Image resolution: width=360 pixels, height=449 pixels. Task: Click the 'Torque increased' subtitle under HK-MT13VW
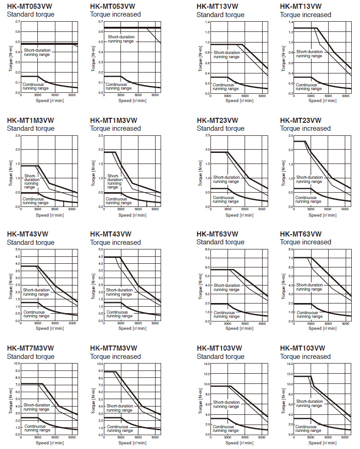(305, 15)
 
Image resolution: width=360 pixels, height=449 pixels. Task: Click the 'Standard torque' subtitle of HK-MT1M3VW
(30, 128)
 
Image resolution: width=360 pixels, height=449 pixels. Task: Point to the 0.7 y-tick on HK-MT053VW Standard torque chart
(18, 22)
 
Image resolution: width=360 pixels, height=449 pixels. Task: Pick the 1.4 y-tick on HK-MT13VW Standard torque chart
(207, 22)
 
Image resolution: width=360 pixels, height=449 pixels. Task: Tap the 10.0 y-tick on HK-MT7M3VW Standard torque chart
(17, 364)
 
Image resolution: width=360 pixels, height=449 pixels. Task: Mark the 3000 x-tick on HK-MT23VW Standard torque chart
(228, 209)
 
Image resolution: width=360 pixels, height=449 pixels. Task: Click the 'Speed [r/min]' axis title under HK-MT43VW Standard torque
(48, 328)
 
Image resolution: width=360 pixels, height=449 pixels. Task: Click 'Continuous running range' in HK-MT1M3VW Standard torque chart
(36, 200)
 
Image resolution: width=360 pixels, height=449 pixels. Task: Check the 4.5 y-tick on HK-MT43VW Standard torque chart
(18, 256)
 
